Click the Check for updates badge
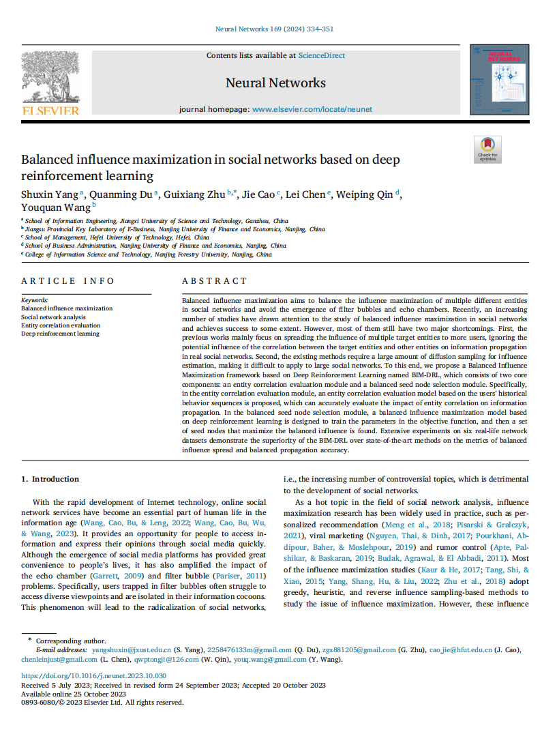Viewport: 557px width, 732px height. pyautogui.click(x=487, y=149)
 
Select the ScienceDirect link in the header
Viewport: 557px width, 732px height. pyautogui.click(x=321, y=55)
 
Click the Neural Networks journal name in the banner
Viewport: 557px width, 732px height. pyautogui.click(x=275, y=83)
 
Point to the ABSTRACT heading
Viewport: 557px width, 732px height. pyautogui.click(x=215, y=280)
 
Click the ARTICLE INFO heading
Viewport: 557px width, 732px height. pyautogui.click(x=68, y=280)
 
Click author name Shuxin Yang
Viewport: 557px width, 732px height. pyautogui.click(x=50, y=194)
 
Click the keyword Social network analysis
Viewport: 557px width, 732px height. pyautogui.click(x=53, y=317)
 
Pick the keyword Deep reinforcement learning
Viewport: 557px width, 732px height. pyautogui.click(x=60, y=334)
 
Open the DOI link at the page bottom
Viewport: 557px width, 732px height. pyautogui.click(x=93, y=675)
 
